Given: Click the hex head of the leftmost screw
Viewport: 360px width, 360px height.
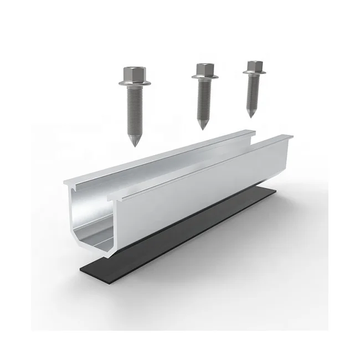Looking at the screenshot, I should pos(131,73).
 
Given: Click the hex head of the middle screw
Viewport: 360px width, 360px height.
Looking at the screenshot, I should pos(204,69).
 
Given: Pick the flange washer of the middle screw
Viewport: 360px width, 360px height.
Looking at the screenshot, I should pos(204,78).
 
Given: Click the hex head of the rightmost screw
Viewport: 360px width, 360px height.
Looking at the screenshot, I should pos(254,66).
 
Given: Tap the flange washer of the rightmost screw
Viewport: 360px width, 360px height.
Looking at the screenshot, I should pos(254,74).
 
